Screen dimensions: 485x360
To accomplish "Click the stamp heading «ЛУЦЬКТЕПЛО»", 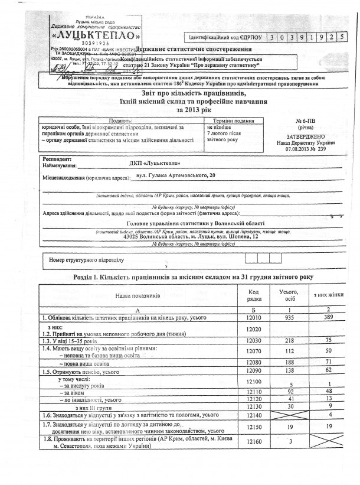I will pyautogui.click(x=94, y=34).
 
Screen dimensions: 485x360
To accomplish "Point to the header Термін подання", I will pyautogui.click(x=232, y=121).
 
